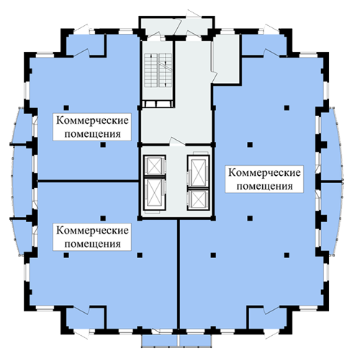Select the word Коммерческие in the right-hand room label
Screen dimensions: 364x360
(x=265, y=172)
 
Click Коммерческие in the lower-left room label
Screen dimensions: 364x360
(x=92, y=231)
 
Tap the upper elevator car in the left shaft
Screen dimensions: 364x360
(x=153, y=165)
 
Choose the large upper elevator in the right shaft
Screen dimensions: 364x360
(x=197, y=170)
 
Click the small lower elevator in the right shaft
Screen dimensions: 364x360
(x=197, y=197)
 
